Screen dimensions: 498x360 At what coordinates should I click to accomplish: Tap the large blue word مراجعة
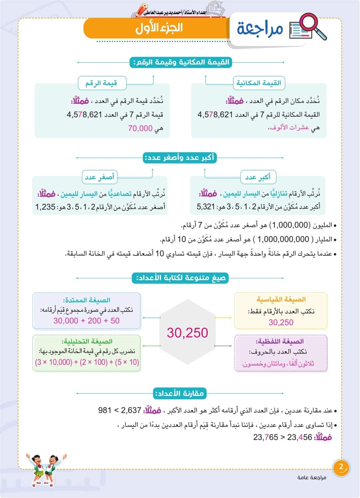point(260,29)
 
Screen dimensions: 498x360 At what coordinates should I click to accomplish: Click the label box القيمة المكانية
point(259,83)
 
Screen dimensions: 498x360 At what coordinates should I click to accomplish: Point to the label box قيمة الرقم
point(102,83)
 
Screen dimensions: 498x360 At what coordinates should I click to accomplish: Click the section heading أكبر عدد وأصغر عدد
point(180,157)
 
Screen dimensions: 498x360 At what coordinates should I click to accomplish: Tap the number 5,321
point(206,207)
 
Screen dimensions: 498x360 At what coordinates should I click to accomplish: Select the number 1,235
point(46,207)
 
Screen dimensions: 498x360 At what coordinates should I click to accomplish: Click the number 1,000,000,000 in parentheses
point(283,239)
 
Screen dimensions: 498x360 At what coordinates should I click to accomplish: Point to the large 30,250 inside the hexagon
point(187,333)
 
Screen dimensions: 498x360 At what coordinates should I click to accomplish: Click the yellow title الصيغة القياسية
point(281,300)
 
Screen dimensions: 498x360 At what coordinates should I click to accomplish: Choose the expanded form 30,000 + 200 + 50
point(87,321)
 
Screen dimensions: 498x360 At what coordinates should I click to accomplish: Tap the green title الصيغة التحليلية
point(87,341)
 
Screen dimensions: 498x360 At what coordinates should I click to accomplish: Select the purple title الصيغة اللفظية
point(279,341)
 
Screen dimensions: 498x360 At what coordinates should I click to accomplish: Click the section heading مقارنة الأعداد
point(179,394)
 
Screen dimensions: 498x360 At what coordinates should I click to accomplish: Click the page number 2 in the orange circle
point(341,467)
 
